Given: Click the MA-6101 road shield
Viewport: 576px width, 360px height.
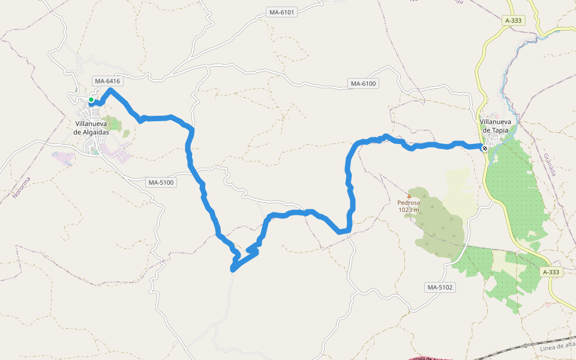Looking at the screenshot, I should click(x=281, y=12).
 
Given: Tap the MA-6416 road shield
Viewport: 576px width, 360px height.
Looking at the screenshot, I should click(x=107, y=81).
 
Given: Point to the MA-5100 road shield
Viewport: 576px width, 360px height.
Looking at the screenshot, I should click(x=161, y=182).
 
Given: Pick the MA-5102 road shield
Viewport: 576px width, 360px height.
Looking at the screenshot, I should click(x=441, y=287).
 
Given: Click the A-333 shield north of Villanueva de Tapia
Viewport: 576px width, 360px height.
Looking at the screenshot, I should click(x=514, y=20).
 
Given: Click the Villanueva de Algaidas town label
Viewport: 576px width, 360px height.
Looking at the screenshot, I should click(x=91, y=128).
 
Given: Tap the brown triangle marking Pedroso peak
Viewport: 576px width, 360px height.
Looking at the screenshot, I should click(x=410, y=195).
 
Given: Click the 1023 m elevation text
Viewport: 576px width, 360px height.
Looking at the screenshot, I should click(x=409, y=210).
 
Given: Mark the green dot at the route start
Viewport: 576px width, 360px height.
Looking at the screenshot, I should click(x=91, y=100).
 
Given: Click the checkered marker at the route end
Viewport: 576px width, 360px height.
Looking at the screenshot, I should click(x=485, y=148).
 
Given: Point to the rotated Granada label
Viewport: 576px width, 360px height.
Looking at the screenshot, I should click(x=550, y=164).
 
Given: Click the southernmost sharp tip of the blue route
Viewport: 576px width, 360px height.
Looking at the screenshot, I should click(x=232, y=270).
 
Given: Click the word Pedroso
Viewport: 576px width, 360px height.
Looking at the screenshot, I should click(x=409, y=203).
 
